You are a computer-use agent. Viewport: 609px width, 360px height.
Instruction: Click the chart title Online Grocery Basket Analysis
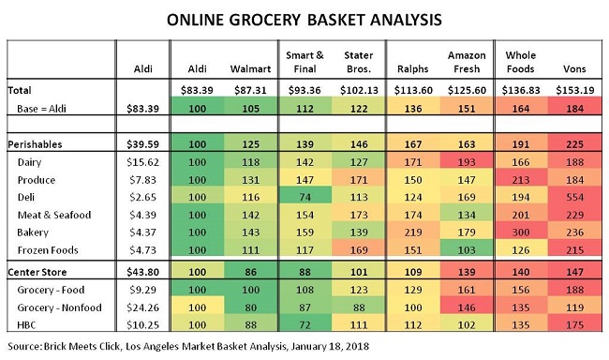pyautogui.click(x=304, y=18)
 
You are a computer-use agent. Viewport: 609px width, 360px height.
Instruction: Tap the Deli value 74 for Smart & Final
pyautogui.click(x=304, y=196)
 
